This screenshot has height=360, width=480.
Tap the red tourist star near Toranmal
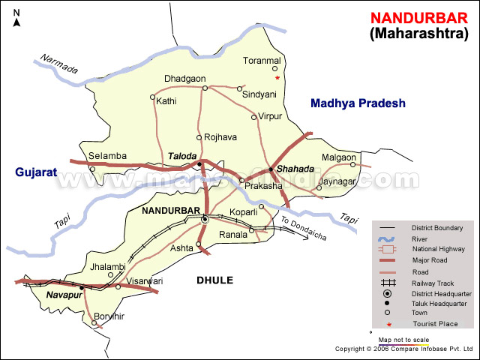(277, 77)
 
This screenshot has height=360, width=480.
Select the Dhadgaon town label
(184, 79)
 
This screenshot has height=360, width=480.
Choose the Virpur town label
(271, 116)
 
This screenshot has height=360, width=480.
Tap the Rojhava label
(220, 137)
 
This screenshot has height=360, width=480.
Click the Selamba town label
(107, 156)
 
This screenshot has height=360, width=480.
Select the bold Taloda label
(182, 156)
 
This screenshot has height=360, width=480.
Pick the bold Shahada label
(293, 169)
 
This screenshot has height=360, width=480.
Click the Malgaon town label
(338, 157)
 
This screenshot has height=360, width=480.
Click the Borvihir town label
(109, 316)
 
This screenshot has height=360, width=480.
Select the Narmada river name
(59, 64)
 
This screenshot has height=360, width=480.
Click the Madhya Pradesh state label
(358, 103)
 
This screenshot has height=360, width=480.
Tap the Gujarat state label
(35, 172)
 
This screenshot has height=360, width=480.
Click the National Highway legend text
(438, 249)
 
